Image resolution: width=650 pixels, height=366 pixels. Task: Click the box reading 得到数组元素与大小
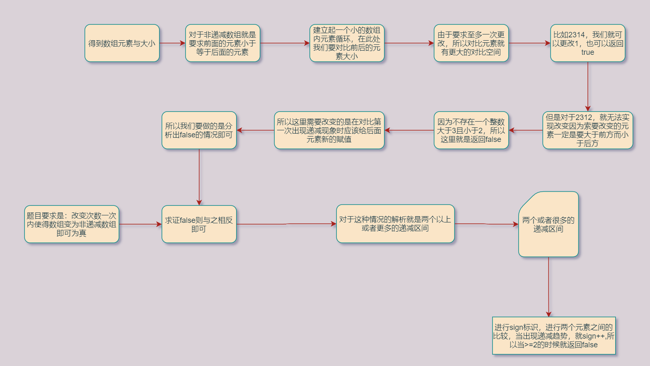[122, 43]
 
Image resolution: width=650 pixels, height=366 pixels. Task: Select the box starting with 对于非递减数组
[222, 43]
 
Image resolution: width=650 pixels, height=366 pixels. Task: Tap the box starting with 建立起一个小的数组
[347, 43]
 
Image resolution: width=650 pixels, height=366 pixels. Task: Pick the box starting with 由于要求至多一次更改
[471, 43]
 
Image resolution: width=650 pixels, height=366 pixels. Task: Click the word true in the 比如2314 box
[587, 52]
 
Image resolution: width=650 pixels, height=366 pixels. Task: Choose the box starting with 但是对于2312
[587, 130]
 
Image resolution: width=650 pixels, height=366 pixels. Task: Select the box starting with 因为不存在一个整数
[471, 130]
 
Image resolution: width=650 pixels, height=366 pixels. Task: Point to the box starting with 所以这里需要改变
[329, 130]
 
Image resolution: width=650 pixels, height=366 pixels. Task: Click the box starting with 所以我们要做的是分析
[199, 130]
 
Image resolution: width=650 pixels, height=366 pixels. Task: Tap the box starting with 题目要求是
[72, 224]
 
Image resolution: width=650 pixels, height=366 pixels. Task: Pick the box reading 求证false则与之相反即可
[199, 224]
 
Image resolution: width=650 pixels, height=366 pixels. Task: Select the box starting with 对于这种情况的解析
[395, 224]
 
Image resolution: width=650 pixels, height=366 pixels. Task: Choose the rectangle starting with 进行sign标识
[553, 336]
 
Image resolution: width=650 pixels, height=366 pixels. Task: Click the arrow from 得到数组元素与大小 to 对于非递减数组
[172, 43]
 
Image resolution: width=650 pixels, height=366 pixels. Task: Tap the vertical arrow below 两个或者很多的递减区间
[549, 287]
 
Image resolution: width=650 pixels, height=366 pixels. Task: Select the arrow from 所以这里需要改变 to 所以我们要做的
[255, 130]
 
